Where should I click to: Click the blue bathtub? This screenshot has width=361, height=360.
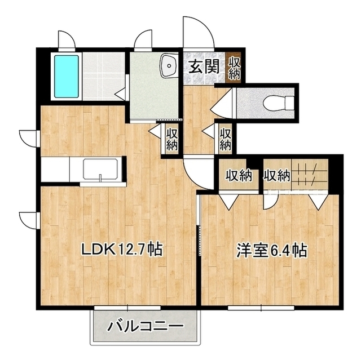[x=67, y=76]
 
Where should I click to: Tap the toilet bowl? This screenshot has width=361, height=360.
[x=279, y=103]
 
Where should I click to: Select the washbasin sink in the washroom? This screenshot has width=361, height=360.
[x=169, y=66]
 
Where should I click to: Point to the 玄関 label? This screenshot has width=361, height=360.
[x=204, y=66]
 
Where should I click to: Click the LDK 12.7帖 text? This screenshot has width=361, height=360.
[x=122, y=250]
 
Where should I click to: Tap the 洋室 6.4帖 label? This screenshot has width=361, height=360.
[x=272, y=251]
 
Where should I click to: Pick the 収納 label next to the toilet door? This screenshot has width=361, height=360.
[x=225, y=139]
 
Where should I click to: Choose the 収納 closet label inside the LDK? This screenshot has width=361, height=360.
[x=172, y=139]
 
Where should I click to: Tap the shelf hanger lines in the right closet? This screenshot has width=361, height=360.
[x=310, y=175]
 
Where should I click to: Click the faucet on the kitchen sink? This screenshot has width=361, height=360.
[x=100, y=177]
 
